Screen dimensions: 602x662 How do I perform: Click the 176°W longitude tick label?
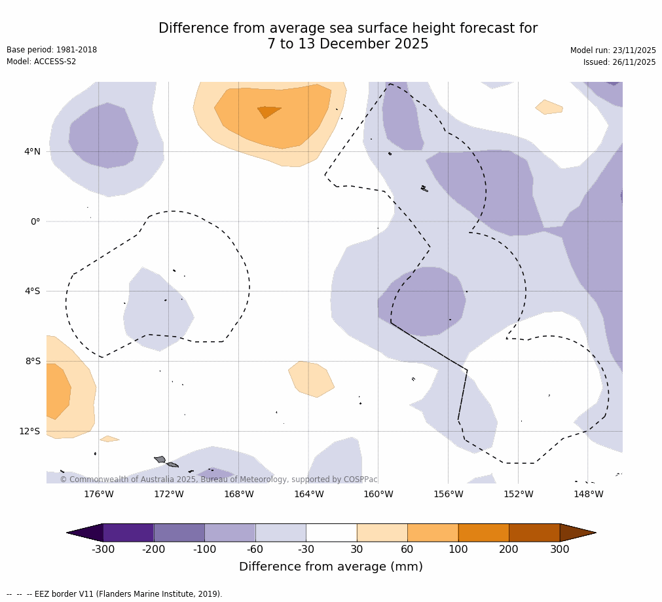click(98, 494)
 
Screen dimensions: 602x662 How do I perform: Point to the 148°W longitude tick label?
click(588, 494)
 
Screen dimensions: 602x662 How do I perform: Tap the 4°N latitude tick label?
click(32, 151)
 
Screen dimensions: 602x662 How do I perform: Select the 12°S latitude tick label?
click(29, 431)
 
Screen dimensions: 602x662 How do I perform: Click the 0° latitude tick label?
click(35, 221)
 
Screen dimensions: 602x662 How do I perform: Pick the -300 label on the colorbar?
click(103, 550)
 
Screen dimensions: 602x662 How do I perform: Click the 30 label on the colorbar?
click(357, 550)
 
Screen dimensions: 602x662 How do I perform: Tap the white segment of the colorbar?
click(331, 533)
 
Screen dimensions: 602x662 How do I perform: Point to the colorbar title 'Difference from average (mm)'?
click(331, 567)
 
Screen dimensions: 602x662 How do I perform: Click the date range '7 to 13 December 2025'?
click(348, 44)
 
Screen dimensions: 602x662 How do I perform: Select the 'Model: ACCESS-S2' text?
click(41, 62)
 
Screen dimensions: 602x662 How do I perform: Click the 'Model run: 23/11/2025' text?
click(613, 50)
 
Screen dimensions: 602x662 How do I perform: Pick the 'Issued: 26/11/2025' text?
click(619, 62)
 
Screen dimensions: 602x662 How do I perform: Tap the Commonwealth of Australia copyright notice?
click(219, 480)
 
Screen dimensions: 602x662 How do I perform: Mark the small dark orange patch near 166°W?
click(268, 111)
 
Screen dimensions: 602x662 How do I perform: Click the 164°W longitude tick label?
click(308, 494)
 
